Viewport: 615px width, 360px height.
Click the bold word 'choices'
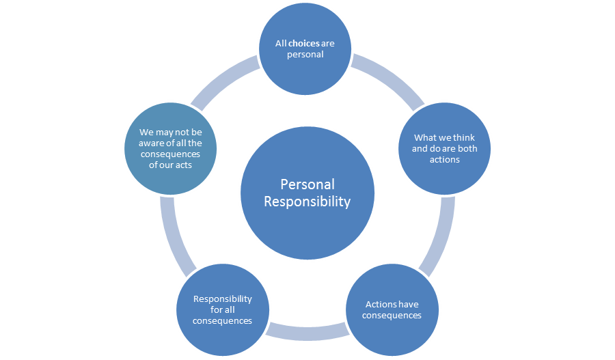(x=304, y=44)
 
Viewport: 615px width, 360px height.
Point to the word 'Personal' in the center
(x=307, y=184)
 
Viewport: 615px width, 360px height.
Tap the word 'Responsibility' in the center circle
(x=307, y=202)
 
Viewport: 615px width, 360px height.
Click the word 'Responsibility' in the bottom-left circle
(x=222, y=299)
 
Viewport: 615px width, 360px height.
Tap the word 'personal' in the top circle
(x=305, y=54)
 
